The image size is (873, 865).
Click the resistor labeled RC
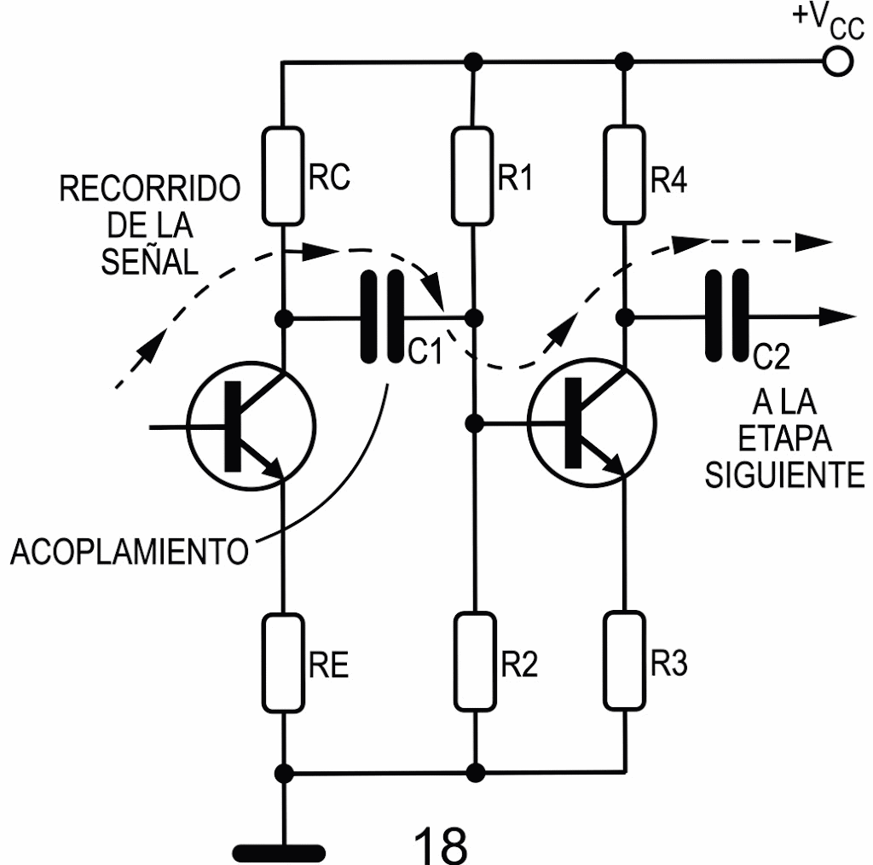point(282,176)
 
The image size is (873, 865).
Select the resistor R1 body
point(472,176)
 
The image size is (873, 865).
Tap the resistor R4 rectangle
point(624,176)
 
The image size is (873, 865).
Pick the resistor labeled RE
point(282,663)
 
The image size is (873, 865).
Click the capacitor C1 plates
point(383,317)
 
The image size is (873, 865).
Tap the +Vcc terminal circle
point(839,62)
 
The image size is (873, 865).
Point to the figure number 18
point(440,843)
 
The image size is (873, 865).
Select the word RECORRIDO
point(150,189)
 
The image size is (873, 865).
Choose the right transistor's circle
point(593,424)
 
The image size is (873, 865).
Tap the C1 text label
point(424,351)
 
